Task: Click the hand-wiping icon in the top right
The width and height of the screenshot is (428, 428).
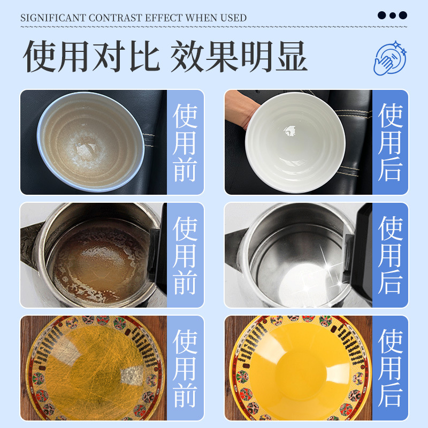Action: point(389,57)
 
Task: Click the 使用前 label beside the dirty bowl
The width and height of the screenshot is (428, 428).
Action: point(185,142)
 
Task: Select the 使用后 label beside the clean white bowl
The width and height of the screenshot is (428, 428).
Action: point(390,142)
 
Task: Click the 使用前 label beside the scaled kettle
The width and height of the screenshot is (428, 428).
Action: point(185,255)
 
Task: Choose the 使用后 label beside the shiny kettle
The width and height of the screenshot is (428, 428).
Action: point(390,255)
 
